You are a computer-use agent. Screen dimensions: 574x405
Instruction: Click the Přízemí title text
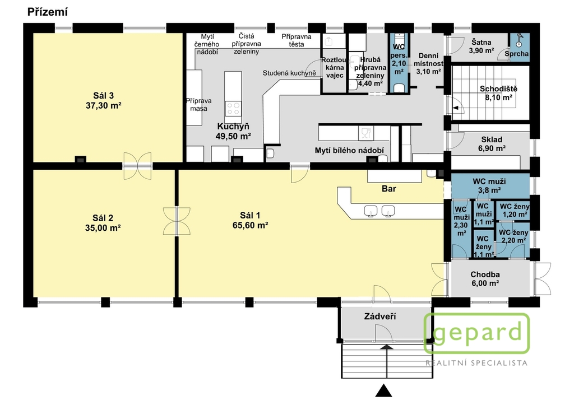click(x=48, y=12)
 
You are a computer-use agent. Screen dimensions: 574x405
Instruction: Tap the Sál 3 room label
click(x=104, y=96)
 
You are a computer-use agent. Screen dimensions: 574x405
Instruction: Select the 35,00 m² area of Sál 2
click(x=103, y=228)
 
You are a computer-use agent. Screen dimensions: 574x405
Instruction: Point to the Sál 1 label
click(x=250, y=215)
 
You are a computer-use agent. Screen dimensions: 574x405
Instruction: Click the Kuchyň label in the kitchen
click(x=233, y=127)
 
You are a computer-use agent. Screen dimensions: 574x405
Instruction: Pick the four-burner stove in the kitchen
click(x=233, y=108)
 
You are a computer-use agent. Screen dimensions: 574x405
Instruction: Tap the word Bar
click(x=389, y=189)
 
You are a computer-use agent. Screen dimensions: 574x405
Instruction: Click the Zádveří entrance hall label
click(x=380, y=316)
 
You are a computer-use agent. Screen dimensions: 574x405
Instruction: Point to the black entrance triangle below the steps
click(x=383, y=390)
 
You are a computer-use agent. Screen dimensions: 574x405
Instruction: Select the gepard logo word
click(x=477, y=333)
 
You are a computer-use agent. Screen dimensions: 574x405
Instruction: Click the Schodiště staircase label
click(x=498, y=89)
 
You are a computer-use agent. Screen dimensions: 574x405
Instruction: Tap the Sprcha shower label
click(x=516, y=54)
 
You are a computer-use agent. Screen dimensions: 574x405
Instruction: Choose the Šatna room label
click(x=482, y=43)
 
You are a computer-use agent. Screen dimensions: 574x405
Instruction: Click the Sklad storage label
click(x=492, y=139)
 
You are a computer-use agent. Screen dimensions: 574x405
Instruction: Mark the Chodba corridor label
click(x=485, y=274)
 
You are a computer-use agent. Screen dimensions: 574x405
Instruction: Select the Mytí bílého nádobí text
click(x=349, y=150)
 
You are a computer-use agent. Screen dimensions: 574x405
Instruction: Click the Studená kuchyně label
click(x=289, y=73)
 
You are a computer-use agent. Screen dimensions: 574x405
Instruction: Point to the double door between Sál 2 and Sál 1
click(x=177, y=221)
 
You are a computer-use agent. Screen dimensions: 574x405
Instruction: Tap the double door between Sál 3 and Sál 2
click(x=137, y=166)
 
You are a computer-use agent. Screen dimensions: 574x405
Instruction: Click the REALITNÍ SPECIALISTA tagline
click(x=476, y=363)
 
